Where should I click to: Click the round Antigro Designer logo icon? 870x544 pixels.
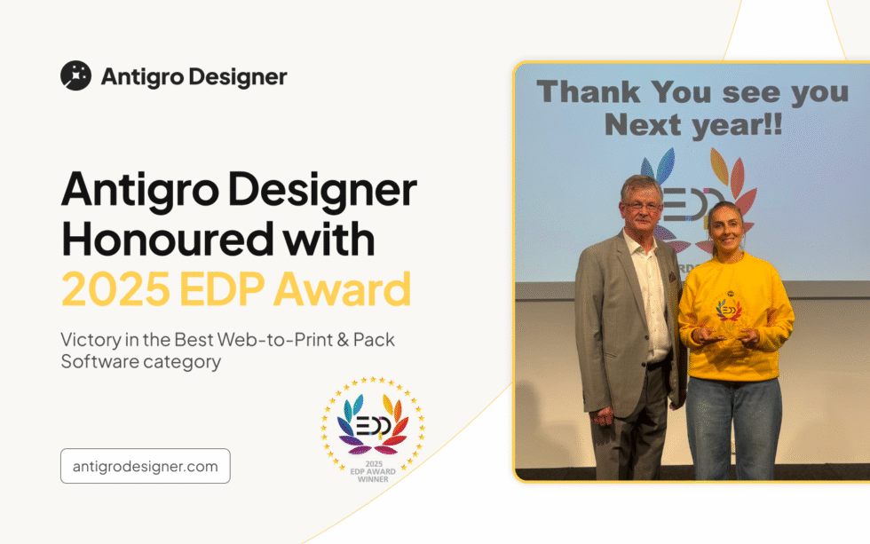75,76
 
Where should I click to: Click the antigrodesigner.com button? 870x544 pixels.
145,466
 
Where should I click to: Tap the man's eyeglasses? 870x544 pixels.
641,206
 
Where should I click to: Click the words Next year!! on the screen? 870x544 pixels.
693,125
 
